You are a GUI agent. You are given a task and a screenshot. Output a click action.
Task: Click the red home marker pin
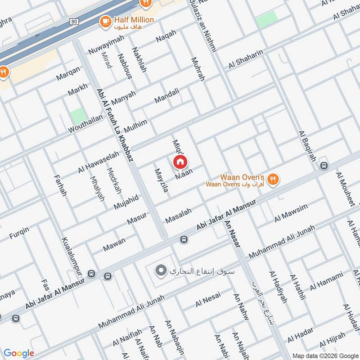coord(180,162)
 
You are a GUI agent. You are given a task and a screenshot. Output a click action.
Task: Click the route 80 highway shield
coord(73,21)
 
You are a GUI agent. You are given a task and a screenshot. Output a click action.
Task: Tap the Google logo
coord(18,353)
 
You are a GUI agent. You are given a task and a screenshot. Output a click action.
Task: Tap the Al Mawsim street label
coord(292,213)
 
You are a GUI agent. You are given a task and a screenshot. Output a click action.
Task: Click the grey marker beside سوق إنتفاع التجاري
coord(160,271)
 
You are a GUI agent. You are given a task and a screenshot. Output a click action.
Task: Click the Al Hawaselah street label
coord(99,162)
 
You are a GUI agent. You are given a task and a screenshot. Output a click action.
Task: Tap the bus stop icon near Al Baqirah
coord(324,166)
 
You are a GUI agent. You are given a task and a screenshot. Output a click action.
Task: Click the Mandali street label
coord(167,95)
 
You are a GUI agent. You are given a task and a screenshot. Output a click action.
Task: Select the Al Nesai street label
coord(208,299)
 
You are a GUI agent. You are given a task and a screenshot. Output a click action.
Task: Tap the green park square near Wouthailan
coord(79,116)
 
